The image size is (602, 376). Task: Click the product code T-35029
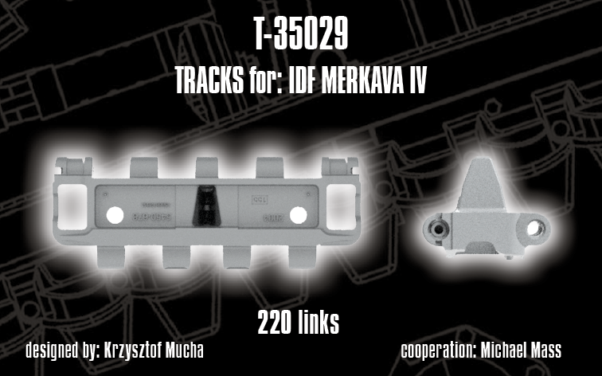[300, 36]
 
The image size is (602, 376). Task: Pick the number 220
[275, 323]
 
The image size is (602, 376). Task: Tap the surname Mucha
[184, 351]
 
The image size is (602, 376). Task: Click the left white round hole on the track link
[114, 213]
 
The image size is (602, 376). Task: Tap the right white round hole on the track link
[299, 213]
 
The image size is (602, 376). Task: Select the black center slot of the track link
[206, 206]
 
